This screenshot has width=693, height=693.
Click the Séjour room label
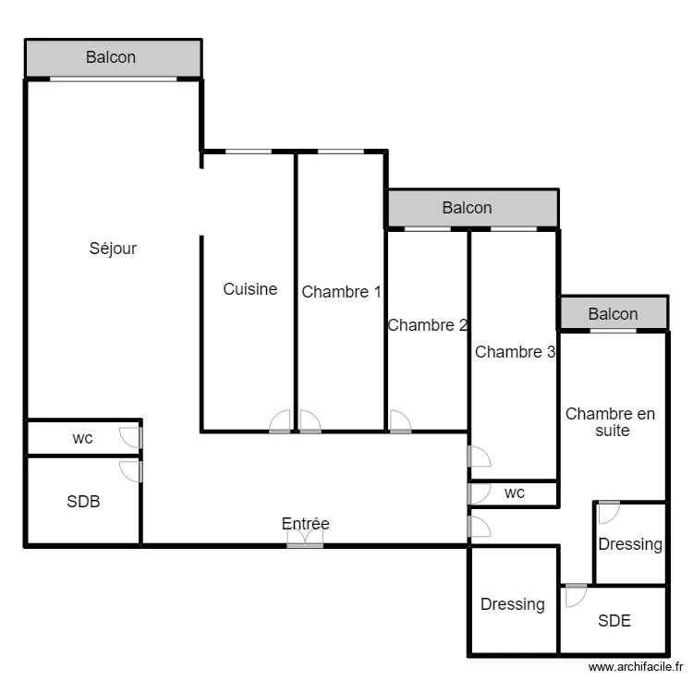coord(113,249)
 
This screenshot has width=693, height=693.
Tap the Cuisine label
coord(250,289)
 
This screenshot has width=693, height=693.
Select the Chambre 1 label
coord(341,292)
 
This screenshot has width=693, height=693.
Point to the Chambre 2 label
coord(428,325)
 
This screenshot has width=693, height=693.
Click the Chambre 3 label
coord(515,352)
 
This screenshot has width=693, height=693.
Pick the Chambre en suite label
coord(611,422)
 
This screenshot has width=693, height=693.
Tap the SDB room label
coord(83,502)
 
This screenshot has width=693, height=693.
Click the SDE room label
coord(614,621)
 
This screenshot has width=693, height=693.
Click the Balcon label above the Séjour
coord(111,57)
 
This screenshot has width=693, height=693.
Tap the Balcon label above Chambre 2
coord(468,208)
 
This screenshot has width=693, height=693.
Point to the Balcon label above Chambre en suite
coord(613,314)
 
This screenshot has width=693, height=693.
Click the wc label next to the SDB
coord(82,438)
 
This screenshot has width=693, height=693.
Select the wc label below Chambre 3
coord(515,492)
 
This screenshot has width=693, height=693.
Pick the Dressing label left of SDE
coord(512,604)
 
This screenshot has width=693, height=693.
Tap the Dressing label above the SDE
coord(630,544)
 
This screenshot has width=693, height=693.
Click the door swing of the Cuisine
coord(280,421)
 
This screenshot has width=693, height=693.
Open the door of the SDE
coord(577,595)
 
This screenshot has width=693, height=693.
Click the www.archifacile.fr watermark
coord(636,666)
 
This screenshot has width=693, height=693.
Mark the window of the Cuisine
coord(249,152)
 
